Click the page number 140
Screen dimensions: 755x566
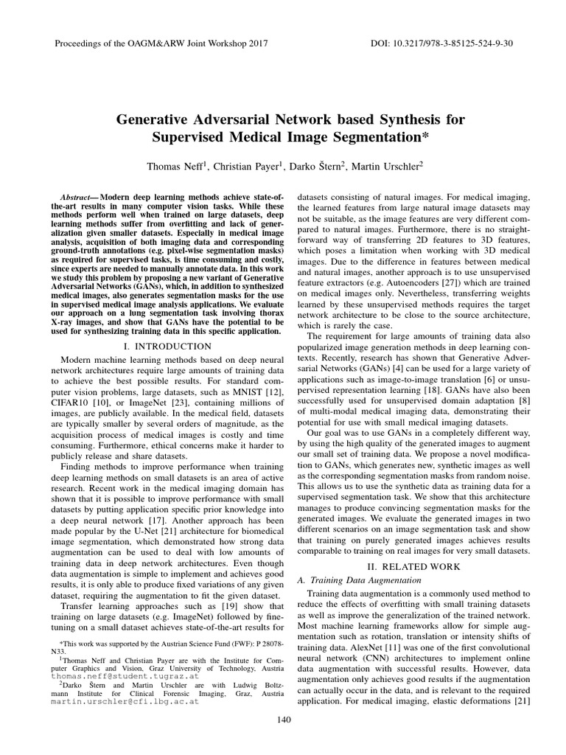(x=282, y=720)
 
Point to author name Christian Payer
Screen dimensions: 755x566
(x=247, y=167)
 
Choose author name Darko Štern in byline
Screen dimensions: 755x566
(x=316, y=167)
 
